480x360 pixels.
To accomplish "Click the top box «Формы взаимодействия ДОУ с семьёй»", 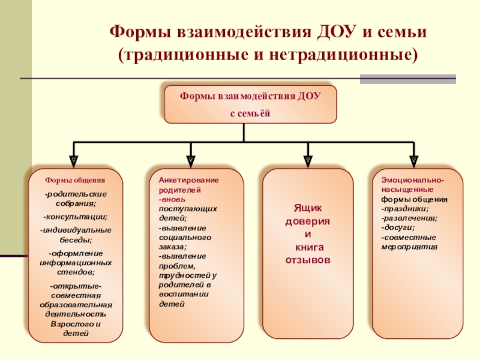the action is tap(251, 104).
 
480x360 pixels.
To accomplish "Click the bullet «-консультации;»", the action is tap(76, 216).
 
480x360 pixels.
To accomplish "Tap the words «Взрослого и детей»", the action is tap(76, 328).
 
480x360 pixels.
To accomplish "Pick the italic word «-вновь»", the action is tap(173, 199).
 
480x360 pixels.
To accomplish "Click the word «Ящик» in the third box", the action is tap(308, 208).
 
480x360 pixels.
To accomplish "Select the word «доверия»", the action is tap(308, 221).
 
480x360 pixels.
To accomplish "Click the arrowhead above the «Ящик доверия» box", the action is tap(308, 161).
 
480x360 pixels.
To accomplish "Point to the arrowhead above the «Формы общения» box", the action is tap(73, 161).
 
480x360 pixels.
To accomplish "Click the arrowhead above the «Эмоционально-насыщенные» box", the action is tap(413, 161).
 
